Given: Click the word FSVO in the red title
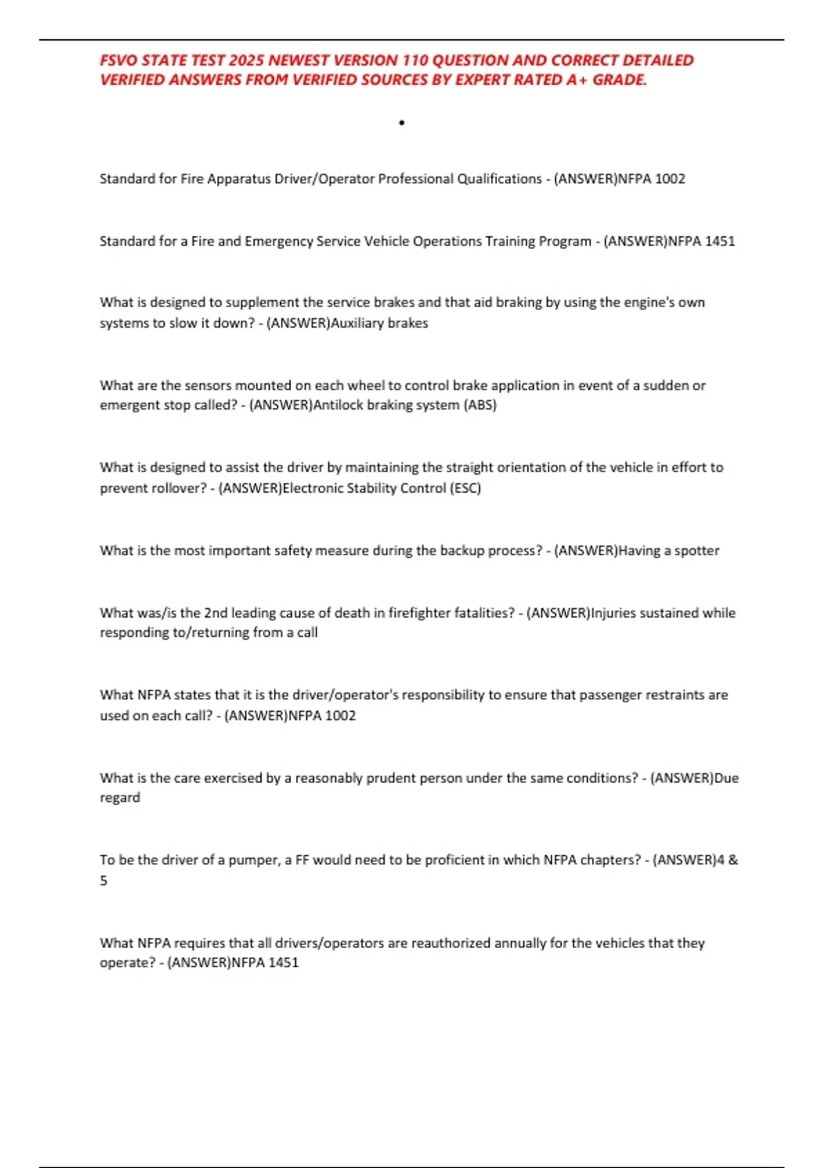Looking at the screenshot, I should pyautogui.click(x=118, y=60).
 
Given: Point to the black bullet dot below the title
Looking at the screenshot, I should pyautogui.click(x=402, y=123).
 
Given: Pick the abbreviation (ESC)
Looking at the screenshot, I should pyautogui.click(x=465, y=488).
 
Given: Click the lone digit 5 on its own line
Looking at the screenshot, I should pyautogui.click(x=104, y=881).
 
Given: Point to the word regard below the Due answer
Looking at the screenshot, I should pyautogui.click(x=119, y=798).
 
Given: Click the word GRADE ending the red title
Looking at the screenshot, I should pyautogui.click(x=619, y=80).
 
